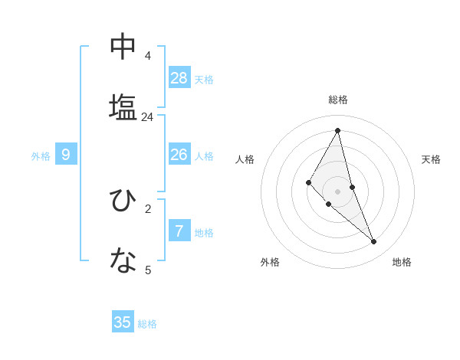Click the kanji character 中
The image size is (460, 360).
click(123, 46)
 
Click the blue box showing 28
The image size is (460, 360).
click(179, 78)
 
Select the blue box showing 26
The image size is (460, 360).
click(179, 155)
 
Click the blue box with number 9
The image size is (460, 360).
click(66, 155)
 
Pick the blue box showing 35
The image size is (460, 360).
click(123, 322)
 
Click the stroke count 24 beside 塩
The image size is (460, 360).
click(148, 117)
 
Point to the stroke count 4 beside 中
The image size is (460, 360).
click(148, 56)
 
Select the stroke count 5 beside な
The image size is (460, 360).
click(148, 270)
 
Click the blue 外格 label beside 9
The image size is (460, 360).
click(41, 156)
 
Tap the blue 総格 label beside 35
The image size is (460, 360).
click(147, 324)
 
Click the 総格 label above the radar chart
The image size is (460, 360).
click(338, 100)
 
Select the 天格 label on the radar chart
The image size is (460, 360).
click(431, 159)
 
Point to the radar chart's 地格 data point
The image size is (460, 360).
click(374, 242)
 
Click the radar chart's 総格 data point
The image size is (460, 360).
click(338, 130)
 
